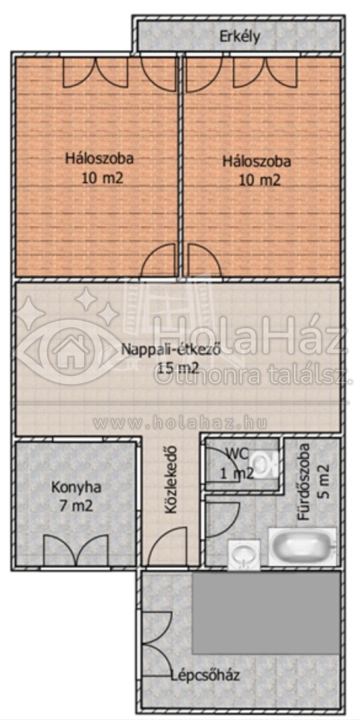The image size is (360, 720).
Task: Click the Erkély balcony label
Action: (x=240, y=36)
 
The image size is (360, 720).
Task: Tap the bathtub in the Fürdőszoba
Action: (x=303, y=547)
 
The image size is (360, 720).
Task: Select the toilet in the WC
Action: (x=265, y=464)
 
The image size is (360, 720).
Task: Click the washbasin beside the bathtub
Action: (x=244, y=555)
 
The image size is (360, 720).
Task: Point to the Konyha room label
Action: (x=76, y=487)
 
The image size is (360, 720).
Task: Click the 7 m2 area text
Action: (x=76, y=506)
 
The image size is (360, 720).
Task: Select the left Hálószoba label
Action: (x=99, y=159)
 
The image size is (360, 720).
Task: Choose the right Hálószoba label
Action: (x=257, y=161)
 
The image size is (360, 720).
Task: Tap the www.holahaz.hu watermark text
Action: (x=180, y=423)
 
